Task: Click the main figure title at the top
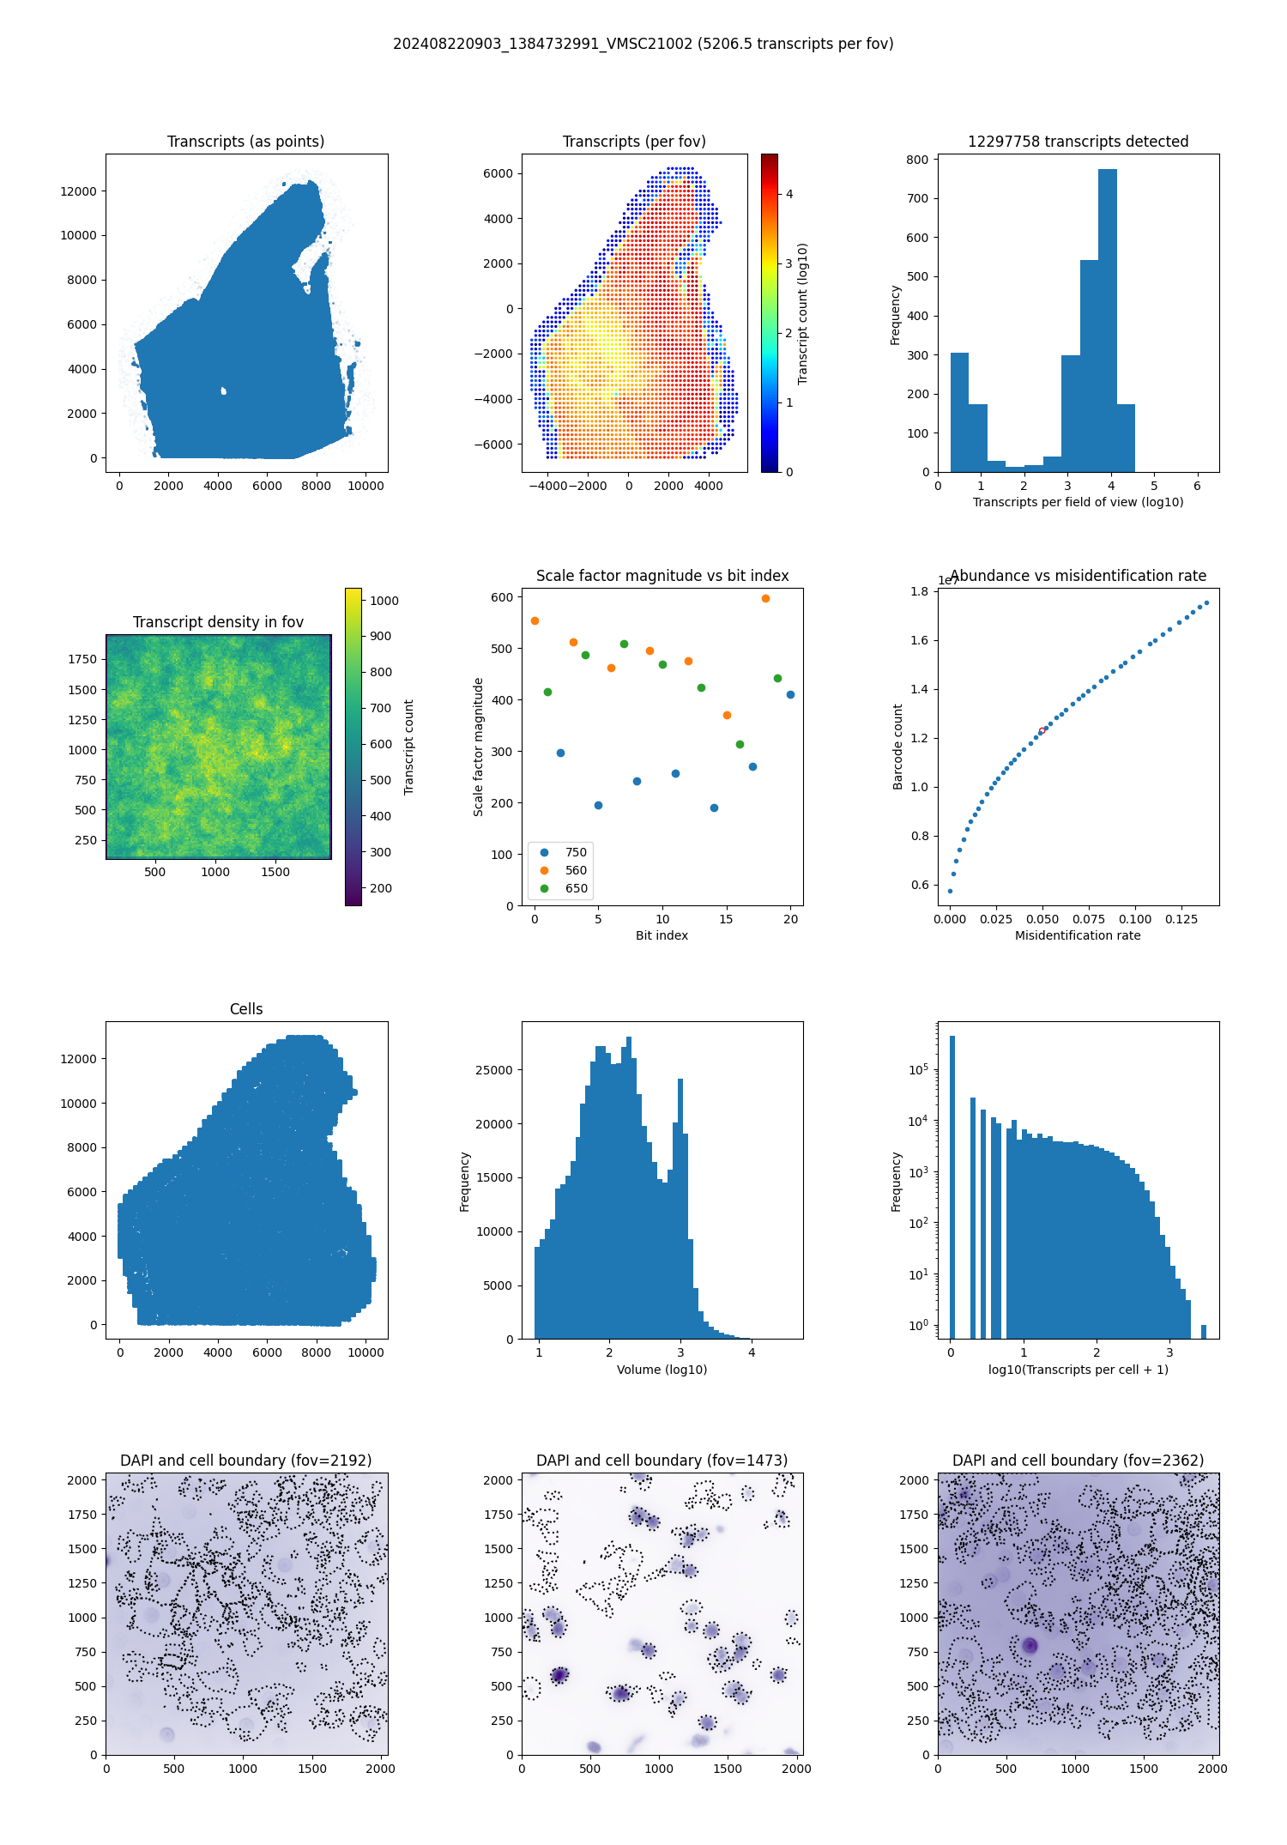643,44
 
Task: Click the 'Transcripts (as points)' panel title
245,142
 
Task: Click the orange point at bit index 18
765,599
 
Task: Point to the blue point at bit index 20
790,695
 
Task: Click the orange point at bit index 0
535,621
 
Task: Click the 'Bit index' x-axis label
662,935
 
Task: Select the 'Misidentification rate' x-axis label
1078,935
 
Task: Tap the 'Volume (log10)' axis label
662,1370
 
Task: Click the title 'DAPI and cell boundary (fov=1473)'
662,1461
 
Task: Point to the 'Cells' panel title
246,1009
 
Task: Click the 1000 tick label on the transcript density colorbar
384,601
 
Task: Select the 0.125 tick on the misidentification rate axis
1181,919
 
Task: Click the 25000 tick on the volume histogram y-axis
494,1070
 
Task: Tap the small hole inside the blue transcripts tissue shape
223,391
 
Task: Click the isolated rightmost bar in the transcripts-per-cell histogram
1204,1331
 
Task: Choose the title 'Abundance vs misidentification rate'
1078,576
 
